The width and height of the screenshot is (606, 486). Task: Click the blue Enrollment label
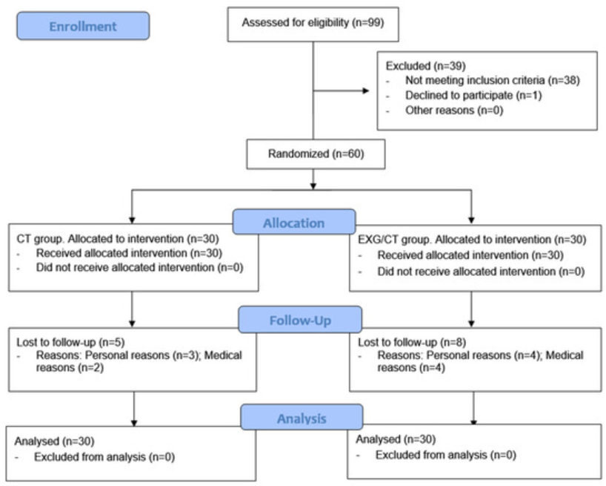click(x=83, y=26)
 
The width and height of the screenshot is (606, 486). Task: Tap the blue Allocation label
click(x=294, y=222)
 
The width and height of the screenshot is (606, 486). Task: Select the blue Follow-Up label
click(x=300, y=320)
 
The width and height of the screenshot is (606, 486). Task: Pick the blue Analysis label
click(x=302, y=417)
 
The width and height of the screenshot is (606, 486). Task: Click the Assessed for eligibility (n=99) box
click(x=313, y=24)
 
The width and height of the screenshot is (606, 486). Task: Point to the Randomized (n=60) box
click(x=316, y=154)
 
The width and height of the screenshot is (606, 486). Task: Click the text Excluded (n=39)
click(x=425, y=66)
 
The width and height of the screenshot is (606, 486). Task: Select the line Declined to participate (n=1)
click(x=473, y=95)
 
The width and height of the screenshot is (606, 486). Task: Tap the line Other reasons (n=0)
click(x=454, y=111)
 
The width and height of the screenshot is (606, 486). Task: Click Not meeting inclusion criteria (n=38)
click(x=493, y=80)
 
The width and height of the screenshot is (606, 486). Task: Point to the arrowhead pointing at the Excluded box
click(x=366, y=91)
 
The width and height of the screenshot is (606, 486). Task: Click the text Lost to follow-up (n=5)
click(x=70, y=342)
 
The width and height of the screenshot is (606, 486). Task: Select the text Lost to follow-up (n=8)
click(x=412, y=342)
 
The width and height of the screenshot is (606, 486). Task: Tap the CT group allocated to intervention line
click(x=118, y=239)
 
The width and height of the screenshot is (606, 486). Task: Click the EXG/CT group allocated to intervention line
click(x=472, y=240)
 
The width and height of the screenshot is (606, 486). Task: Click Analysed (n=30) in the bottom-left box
click(x=55, y=441)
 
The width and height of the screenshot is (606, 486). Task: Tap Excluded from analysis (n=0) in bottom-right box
click(x=446, y=455)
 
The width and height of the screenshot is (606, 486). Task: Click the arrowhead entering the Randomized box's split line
click(x=313, y=186)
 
